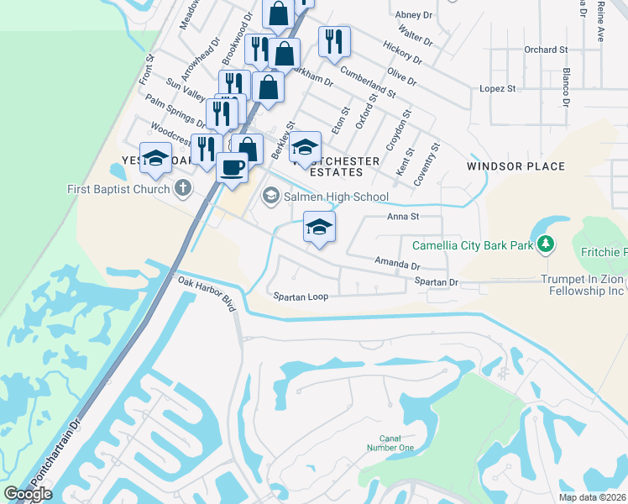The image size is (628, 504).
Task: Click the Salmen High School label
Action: tap(336, 197)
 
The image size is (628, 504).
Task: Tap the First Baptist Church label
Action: tap(118, 189)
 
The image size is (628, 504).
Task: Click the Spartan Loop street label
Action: tap(300, 297)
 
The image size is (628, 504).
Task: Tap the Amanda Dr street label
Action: tap(396, 264)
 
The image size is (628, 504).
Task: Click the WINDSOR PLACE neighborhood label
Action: tap(515, 166)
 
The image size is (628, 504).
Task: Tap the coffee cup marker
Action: tap(233, 166)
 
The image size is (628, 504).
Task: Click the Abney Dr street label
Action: tap(413, 14)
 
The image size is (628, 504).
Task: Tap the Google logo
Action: tap(28, 494)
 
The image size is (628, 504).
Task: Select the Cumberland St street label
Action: tap(368, 79)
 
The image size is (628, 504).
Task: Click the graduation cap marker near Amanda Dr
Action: tap(320, 227)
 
